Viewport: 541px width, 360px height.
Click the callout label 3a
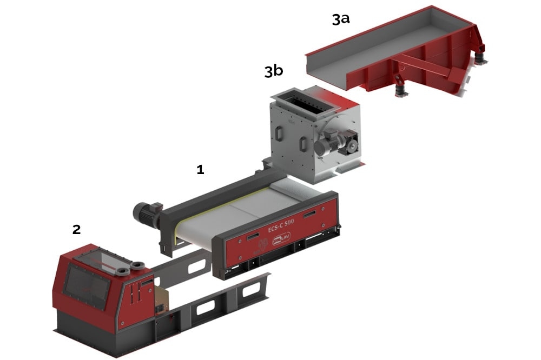click(341, 19)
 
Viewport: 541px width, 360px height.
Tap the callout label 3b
click(273, 71)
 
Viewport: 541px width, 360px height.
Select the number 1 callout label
click(200, 170)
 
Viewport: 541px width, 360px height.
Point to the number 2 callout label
click(76, 229)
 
